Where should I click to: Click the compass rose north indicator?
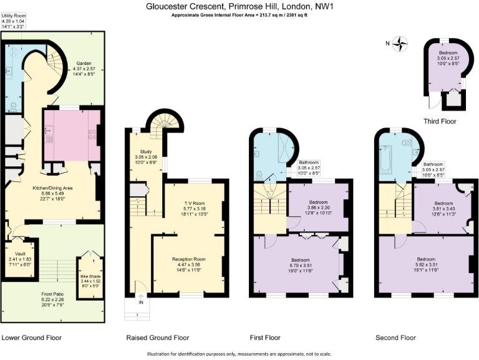tap(400, 43)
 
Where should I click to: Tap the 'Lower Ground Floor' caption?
tap(31, 337)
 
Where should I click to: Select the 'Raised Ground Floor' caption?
tap(157, 337)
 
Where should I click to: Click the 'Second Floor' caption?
tap(395, 337)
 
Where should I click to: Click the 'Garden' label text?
tap(84, 64)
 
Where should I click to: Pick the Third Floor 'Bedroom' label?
tap(448, 53)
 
